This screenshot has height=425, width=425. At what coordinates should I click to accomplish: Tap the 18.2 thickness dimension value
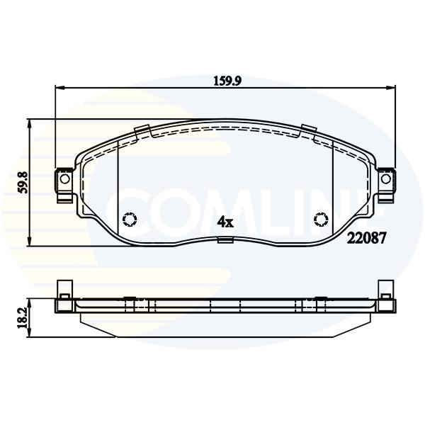click(x=23, y=317)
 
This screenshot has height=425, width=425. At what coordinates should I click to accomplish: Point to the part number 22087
click(x=366, y=239)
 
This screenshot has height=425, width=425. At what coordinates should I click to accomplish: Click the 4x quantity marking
click(x=225, y=222)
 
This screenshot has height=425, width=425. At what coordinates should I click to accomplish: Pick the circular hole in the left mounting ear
click(x=64, y=179)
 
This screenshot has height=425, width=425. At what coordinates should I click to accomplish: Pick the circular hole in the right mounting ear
click(x=386, y=179)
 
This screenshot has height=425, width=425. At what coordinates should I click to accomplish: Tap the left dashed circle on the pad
click(x=130, y=219)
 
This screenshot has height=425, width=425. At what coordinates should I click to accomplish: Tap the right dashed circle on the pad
click(x=321, y=219)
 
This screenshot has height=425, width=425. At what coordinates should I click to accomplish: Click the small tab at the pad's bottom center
click(x=225, y=240)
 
